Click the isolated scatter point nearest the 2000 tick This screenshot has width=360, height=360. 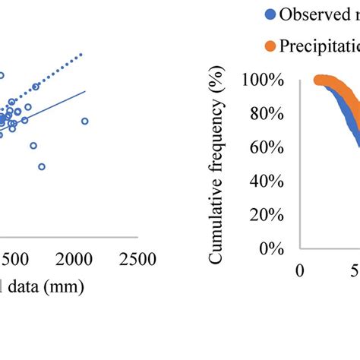tap(84, 121)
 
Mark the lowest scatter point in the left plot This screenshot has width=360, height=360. tap(41, 166)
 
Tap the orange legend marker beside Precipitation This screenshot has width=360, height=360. tap(270, 47)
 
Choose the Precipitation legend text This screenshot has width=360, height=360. tap(319, 47)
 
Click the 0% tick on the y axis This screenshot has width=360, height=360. tap(270, 248)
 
